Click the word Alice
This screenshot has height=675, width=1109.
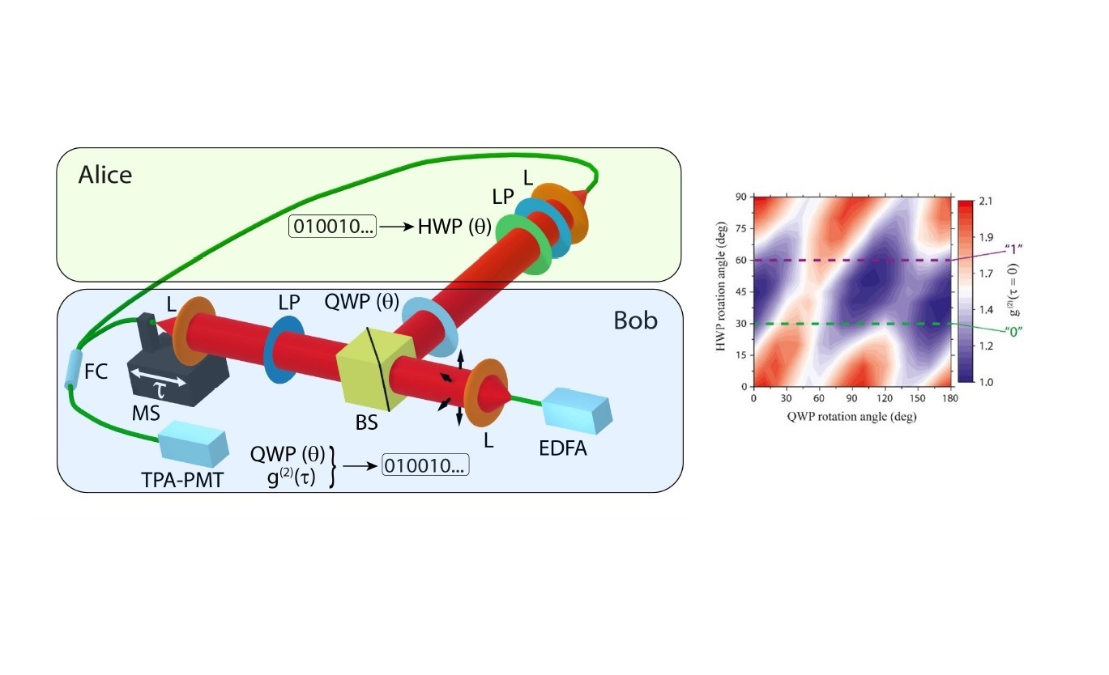[x=105, y=174]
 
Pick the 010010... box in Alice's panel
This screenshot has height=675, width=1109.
[x=332, y=228]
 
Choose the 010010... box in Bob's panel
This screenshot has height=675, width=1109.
[x=425, y=466]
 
